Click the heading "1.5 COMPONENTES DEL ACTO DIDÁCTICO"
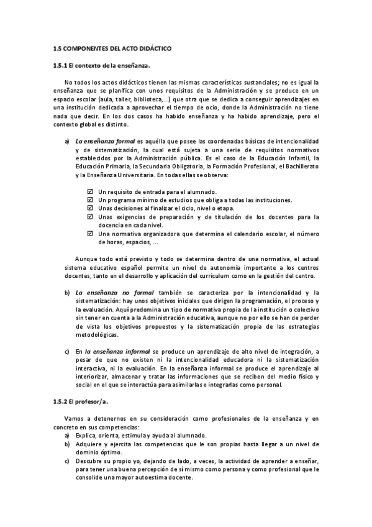112,48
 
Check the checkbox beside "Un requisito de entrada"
90,191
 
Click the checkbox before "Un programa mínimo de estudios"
90,200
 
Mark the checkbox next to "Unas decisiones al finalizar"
90,208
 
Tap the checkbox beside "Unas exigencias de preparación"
90,217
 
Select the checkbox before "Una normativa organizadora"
90,234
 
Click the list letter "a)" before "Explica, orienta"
66,436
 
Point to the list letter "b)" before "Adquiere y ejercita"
66,444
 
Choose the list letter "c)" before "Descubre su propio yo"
66,461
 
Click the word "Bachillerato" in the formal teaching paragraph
300,167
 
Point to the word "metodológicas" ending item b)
96,334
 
